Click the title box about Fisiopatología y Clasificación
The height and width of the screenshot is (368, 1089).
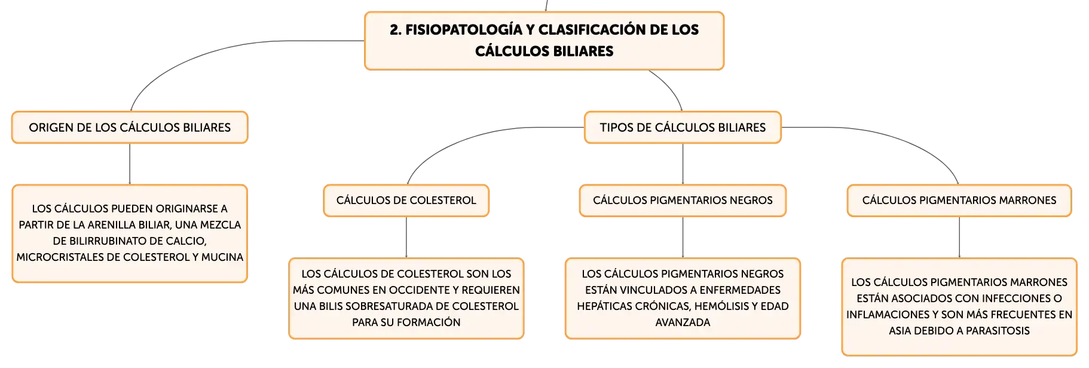[544, 41]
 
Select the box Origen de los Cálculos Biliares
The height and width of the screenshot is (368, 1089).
[130, 127]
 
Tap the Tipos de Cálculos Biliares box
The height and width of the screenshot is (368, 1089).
[683, 127]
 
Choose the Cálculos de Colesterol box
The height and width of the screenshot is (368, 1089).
[406, 200]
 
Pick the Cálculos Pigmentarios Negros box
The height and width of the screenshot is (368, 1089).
[683, 200]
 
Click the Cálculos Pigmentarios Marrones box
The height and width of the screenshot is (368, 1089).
[959, 200]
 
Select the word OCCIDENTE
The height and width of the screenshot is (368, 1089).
[419, 290]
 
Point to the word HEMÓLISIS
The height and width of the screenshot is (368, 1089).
[711, 306]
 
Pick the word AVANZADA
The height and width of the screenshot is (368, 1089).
[683, 323]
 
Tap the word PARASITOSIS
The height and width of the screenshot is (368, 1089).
[998, 331]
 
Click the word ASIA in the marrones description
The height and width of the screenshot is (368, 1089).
[900, 331]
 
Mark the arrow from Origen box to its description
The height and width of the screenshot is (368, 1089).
[130, 164]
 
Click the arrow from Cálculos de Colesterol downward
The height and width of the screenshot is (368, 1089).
[406, 238]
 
